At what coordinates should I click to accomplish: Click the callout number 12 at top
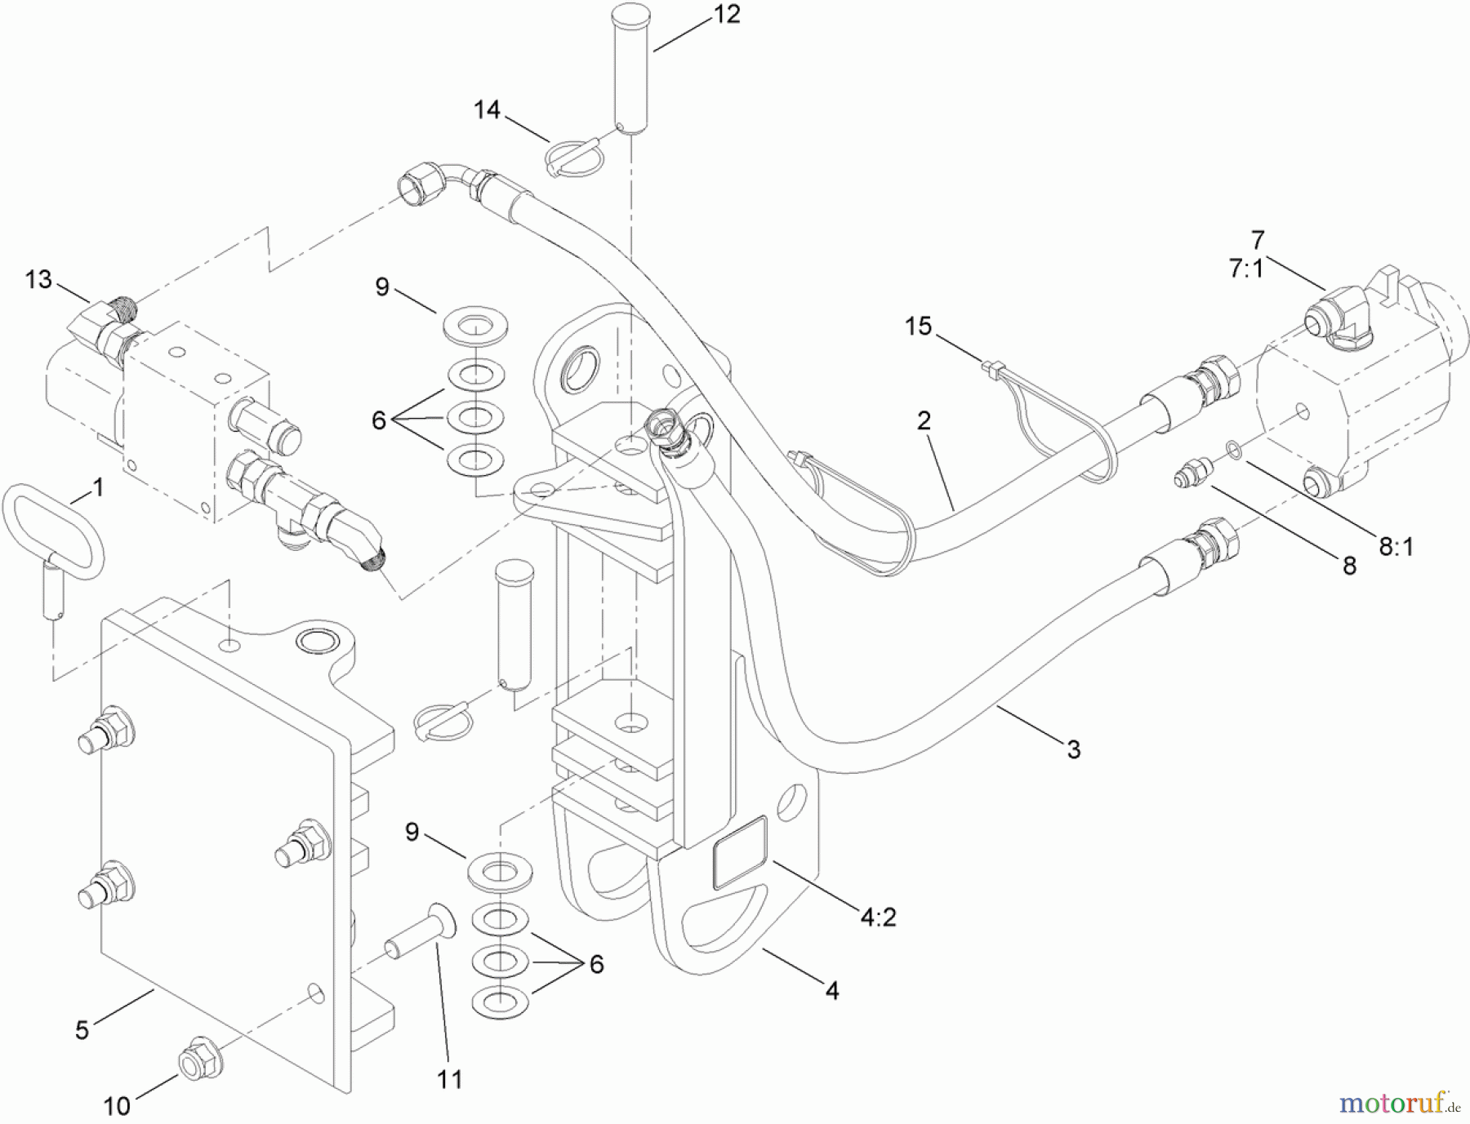coord(726,15)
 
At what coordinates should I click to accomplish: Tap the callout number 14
coord(487,109)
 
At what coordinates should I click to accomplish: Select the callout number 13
coord(38,280)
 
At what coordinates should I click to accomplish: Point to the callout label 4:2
coord(878,917)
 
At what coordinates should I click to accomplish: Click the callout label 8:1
coord(1396,547)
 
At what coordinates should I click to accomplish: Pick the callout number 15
coord(918,327)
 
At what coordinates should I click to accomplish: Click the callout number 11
coord(449,1079)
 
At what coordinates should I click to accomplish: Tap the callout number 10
coord(117,1106)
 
